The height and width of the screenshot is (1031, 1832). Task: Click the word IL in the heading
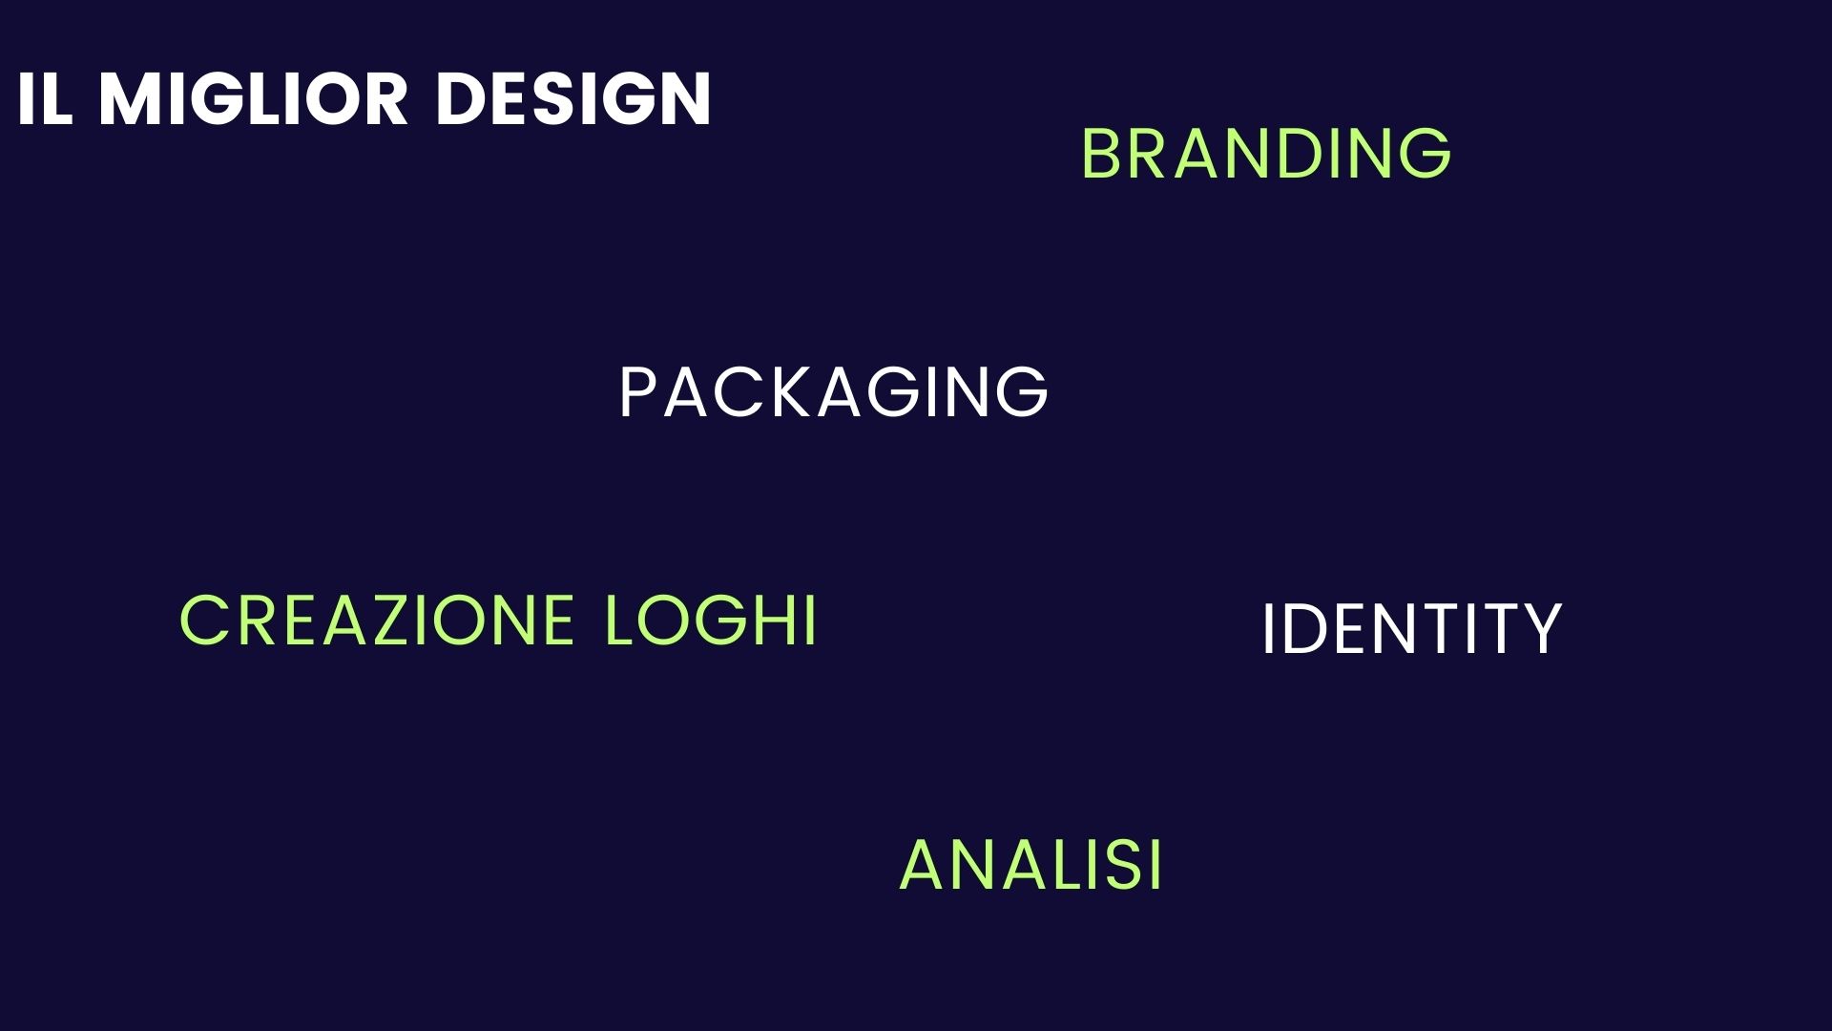pyautogui.click(x=45, y=98)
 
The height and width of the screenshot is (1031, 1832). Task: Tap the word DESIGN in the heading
pyautogui.click(x=573, y=98)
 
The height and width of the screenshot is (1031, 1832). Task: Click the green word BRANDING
pyautogui.click(x=1266, y=153)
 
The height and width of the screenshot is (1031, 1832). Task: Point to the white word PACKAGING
pyautogui.click(x=834, y=391)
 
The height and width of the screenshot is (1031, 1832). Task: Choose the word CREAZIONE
pyautogui.click(x=377, y=621)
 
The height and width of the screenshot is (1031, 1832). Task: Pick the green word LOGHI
pyautogui.click(x=712, y=621)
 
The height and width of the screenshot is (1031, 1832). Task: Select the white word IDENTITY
pyautogui.click(x=1411, y=629)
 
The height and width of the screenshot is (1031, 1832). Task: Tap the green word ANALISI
pyautogui.click(x=1031, y=865)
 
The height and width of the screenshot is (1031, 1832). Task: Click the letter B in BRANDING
pyautogui.click(x=1102, y=153)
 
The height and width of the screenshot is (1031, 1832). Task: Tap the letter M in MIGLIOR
pyautogui.click(x=132, y=98)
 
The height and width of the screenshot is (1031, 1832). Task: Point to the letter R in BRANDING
pyautogui.click(x=1151, y=153)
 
